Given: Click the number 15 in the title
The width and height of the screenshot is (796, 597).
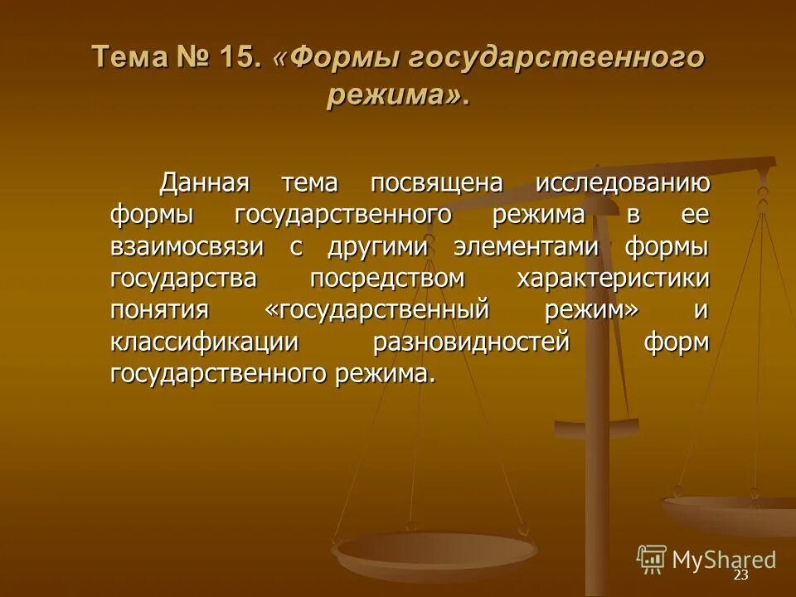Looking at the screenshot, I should click(241, 59).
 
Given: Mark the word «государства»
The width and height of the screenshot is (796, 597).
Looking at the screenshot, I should click(184, 279).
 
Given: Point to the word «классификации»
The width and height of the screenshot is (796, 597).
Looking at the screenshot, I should click(204, 342).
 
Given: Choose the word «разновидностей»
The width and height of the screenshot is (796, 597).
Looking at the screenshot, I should click(472, 342).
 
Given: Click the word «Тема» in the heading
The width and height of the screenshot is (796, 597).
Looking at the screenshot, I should click(129, 59).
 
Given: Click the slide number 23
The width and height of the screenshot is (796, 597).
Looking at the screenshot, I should click(740, 575).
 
